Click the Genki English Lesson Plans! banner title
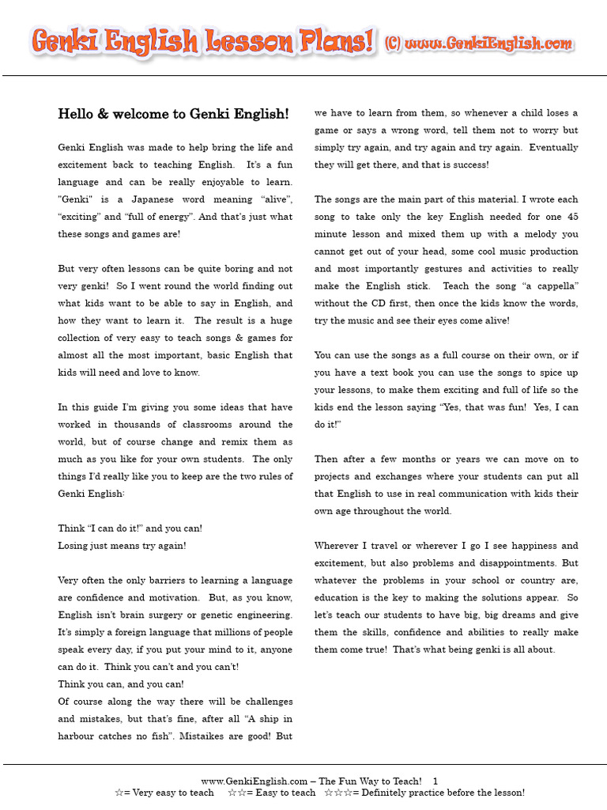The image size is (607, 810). pyautogui.click(x=202, y=42)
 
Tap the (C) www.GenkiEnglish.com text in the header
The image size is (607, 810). pyautogui.click(x=478, y=44)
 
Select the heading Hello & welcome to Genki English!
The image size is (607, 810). pyautogui.click(x=173, y=114)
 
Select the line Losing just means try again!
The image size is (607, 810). pyautogui.click(x=122, y=546)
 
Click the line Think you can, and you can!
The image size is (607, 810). pyautogui.click(x=120, y=684)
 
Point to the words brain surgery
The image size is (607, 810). pyautogui.click(x=153, y=615)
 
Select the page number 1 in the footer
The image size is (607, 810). pyautogui.click(x=435, y=781)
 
